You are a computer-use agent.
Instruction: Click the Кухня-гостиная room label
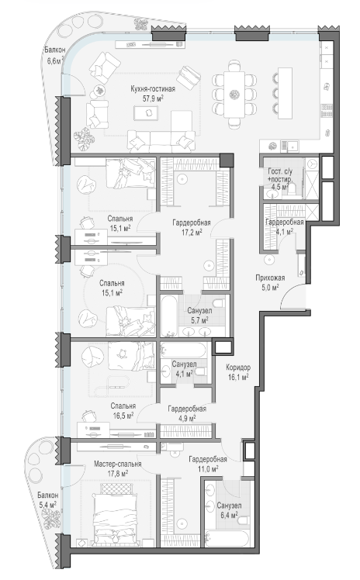point(153,89)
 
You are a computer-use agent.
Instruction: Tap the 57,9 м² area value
point(153,98)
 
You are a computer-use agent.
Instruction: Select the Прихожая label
point(270,278)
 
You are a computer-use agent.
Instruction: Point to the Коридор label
point(238,368)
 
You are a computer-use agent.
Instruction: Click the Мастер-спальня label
point(117,464)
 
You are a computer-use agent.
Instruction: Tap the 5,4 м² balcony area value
point(48,504)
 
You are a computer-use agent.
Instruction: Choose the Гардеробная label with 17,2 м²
point(192,223)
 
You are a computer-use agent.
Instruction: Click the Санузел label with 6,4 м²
point(230,506)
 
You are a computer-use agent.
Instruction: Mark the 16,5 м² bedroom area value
point(123,416)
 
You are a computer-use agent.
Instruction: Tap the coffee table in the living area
point(146,112)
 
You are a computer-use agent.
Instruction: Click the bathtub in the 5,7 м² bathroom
point(170,315)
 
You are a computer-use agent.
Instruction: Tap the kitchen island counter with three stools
point(285,93)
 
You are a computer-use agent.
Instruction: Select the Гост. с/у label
point(280,171)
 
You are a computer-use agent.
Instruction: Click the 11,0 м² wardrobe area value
point(208,468)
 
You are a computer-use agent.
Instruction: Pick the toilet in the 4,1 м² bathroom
point(201,371)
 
